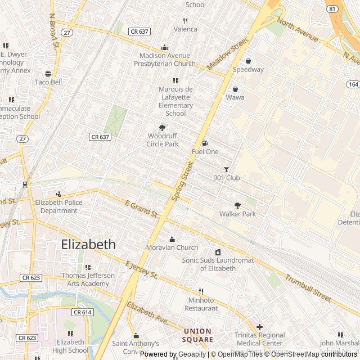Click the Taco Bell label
tap(48, 82)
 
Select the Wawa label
tap(235, 97)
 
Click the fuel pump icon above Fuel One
tap(205, 143)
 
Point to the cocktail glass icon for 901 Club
tap(227, 169)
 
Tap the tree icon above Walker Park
tap(237, 205)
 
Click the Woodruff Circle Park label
tap(163, 140)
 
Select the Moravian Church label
tap(172, 247)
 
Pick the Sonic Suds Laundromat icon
tap(218, 252)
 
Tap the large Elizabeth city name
tap(88, 245)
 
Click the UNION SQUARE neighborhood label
tap(197, 335)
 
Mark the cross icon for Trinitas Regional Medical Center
tap(259, 327)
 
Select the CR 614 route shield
tap(82, 312)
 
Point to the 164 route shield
tap(353, 84)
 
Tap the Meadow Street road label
tap(227, 54)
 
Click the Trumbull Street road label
tap(308, 286)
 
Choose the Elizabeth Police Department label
tap(56, 206)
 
